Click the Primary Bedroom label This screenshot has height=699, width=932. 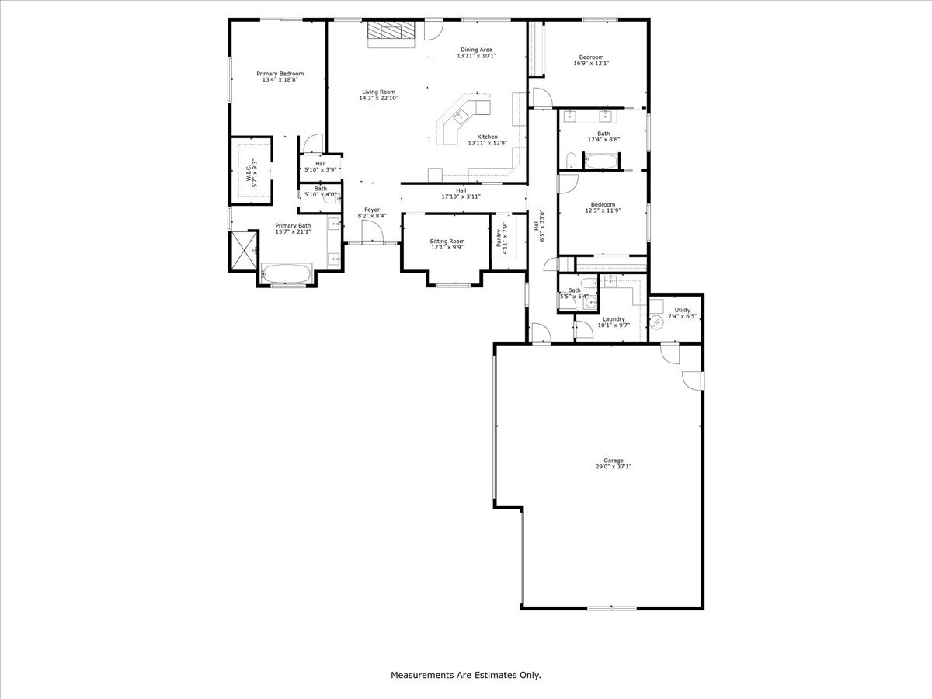280,73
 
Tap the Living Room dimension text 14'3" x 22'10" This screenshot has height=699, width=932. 378,99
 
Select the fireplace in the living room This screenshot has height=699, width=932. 391,31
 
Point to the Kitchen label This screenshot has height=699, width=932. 487,137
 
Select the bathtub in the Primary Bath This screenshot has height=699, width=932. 285,274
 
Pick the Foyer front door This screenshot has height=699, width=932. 371,231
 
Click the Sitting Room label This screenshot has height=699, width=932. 447,241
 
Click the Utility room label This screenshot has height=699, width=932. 682,310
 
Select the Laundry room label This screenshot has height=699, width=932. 614,318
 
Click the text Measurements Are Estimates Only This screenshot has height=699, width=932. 465,676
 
